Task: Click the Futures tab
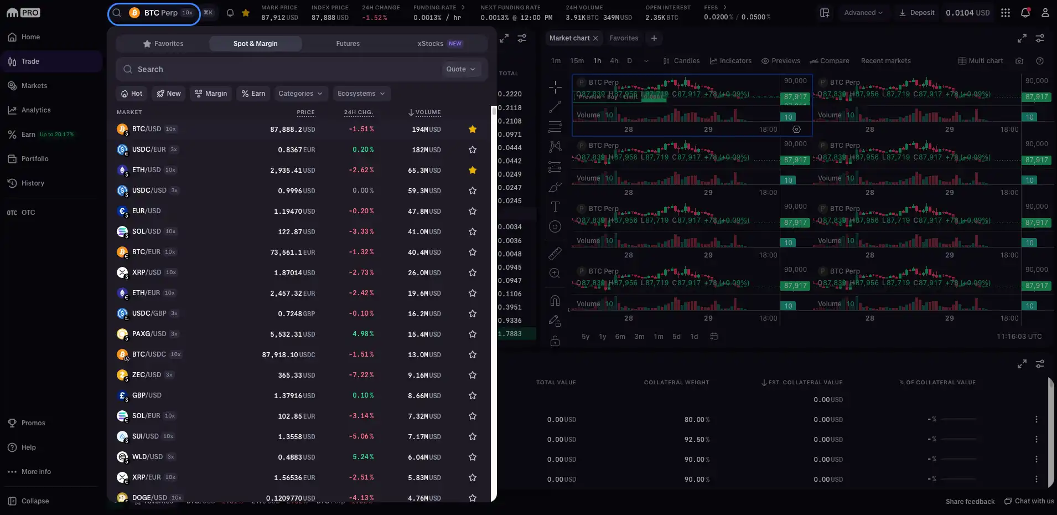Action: (348, 44)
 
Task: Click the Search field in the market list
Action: (277, 69)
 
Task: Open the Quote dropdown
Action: (460, 69)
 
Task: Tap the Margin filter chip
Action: (211, 94)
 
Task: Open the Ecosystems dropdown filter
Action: (361, 94)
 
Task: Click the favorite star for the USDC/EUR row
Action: (473, 150)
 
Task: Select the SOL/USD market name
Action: (146, 231)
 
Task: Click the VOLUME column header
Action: (427, 112)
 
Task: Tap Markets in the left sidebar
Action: (34, 86)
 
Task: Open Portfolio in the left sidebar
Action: (34, 159)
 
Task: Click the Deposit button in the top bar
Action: (917, 13)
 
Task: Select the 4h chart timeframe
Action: (614, 61)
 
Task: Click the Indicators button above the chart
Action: (730, 61)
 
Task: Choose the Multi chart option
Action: (981, 61)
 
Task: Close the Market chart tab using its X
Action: (595, 38)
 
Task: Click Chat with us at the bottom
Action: (1029, 501)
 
